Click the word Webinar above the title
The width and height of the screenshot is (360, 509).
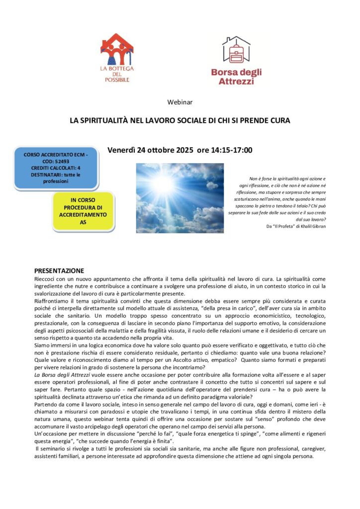click(180, 102)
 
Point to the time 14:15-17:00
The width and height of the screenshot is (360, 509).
click(232, 150)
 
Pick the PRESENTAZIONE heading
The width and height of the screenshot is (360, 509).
click(59, 271)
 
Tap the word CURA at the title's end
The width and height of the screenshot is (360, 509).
click(279, 120)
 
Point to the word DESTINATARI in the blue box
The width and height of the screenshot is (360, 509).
click(39, 175)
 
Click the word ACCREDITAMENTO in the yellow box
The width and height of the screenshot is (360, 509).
click(82, 214)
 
